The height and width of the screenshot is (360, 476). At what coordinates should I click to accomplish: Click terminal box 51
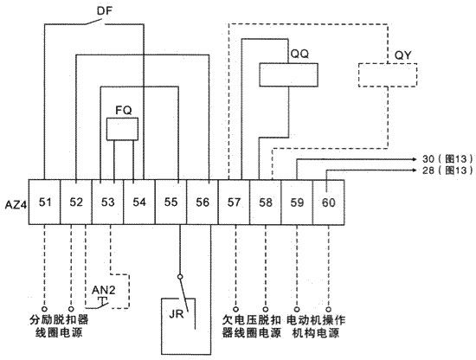click(x=45, y=202)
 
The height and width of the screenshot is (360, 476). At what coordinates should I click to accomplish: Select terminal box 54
click(x=139, y=202)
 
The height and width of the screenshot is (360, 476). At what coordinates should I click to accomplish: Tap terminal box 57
click(x=234, y=202)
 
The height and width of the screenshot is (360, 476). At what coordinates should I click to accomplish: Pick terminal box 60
click(x=329, y=202)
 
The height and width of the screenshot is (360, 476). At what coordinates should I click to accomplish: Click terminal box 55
click(x=170, y=202)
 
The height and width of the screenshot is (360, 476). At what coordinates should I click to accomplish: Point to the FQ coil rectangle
click(x=122, y=129)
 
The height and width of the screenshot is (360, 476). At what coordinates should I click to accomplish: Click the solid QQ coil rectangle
click(x=288, y=75)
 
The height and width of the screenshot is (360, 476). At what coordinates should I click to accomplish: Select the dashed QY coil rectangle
click(x=388, y=75)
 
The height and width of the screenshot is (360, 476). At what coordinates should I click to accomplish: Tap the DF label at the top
click(x=105, y=11)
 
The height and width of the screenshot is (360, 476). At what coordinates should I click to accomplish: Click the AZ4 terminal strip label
click(x=16, y=205)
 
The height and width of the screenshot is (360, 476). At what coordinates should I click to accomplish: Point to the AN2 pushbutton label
click(x=104, y=290)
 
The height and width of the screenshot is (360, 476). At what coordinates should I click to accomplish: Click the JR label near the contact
click(x=177, y=313)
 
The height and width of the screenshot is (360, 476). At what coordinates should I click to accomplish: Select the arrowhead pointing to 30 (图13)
click(x=415, y=159)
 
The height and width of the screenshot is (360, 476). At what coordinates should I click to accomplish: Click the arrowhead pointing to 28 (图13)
click(x=415, y=170)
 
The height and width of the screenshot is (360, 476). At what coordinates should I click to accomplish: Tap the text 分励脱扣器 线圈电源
click(x=59, y=326)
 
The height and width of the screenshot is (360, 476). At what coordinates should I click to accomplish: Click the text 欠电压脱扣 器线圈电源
click(x=251, y=326)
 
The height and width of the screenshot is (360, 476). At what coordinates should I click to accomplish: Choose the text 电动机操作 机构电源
click(x=316, y=326)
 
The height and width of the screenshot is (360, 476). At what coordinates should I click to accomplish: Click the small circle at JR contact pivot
click(x=180, y=277)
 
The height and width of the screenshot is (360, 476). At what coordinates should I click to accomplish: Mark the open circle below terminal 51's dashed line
click(x=45, y=309)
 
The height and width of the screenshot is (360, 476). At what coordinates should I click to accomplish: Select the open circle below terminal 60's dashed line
click(x=329, y=310)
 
